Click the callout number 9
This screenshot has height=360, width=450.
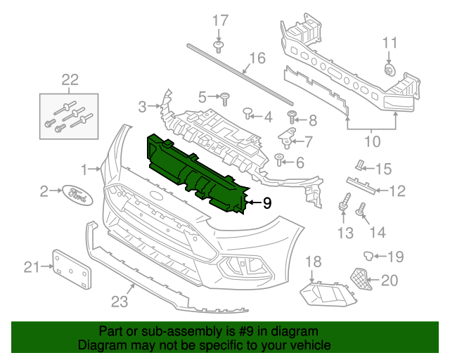[266, 204]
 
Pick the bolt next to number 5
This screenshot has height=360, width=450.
[225, 96]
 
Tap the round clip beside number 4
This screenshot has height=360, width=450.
[248, 112]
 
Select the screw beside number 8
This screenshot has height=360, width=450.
[292, 115]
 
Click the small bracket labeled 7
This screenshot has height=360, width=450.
[288, 134]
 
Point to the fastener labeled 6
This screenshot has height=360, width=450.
[279, 159]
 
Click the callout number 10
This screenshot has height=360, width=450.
[372, 141]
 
